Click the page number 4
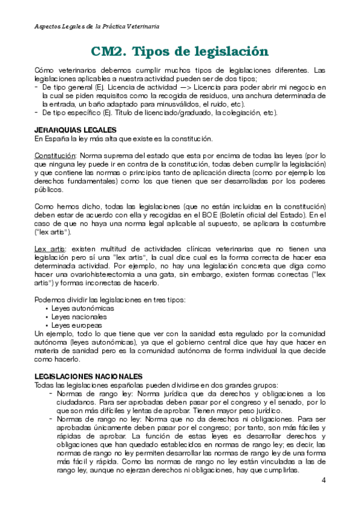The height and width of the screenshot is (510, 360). (324, 480)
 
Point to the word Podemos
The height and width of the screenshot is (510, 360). (50, 300)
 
